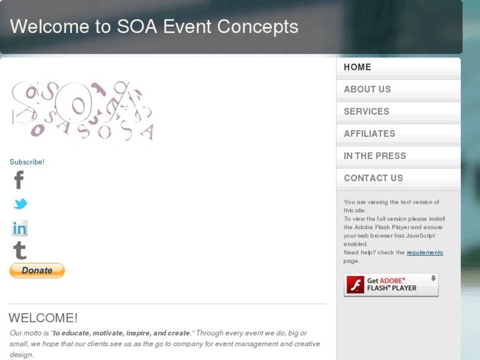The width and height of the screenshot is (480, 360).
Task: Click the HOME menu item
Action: pyautogui.click(x=357, y=67)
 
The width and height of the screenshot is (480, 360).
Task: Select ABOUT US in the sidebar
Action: pyautogui.click(x=367, y=89)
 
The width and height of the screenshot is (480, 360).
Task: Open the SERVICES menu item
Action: pyautogui.click(x=366, y=112)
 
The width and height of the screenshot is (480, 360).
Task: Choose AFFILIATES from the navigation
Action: pyautogui.click(x=369, y=133)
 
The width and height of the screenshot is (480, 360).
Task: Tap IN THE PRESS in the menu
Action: pyautogui.click(x=374, y=156)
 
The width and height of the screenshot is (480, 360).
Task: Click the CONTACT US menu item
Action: pyautogui.click(x=373, y=178)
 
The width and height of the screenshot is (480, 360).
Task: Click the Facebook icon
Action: pyautogui.click(x=19, y=180)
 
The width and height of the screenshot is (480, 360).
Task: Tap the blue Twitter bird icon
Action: pyautogui.click(x=20, y=204)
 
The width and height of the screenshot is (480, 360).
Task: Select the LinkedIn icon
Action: pyautogui.click(x=20, y=229)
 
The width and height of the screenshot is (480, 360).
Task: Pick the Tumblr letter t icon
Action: pyautogui.click(x=20, y=250)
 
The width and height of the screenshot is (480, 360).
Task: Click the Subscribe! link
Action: pyautogui.click(x=27, y=162)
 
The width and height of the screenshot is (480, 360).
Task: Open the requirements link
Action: pyautogui.click(x=425, y=252)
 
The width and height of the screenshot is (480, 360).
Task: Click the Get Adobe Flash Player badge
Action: pyautogui.click(x=391, y=285)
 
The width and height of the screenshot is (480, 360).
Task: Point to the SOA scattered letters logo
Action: pyautogui.click(x=83, y=111)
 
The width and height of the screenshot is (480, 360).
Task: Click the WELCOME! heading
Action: pyautogui.click(x=44, y=318)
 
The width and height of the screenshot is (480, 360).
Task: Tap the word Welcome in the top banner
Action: pyautogui.click(x=50, y=27)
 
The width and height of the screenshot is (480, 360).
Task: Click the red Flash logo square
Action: pyautogui.click(x=356, y=285)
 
